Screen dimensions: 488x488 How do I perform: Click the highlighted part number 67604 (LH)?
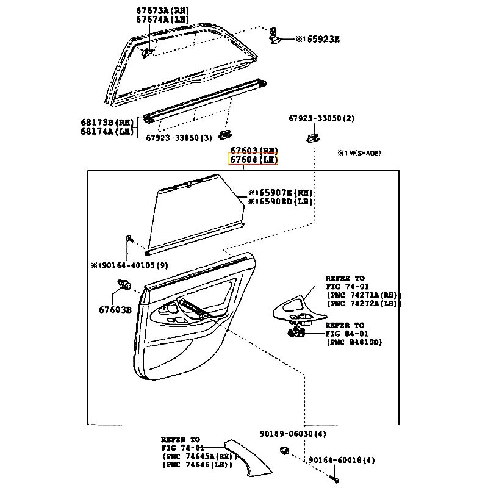tap(253, 160)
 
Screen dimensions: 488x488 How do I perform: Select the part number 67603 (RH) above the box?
tap(253, 150)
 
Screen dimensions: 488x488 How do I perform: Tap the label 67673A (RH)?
tap(162, 11)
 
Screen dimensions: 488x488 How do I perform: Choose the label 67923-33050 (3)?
tap(179, 138)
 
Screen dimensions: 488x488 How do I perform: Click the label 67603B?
tap(115, 309)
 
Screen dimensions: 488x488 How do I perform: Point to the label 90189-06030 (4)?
tap(292, 434)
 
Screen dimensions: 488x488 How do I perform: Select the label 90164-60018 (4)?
tap(341, 461)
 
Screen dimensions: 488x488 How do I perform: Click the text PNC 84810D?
tap(354, 342)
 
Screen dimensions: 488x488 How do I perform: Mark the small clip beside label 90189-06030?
tap(285, 451)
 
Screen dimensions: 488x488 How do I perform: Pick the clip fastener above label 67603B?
tap(124, 283)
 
